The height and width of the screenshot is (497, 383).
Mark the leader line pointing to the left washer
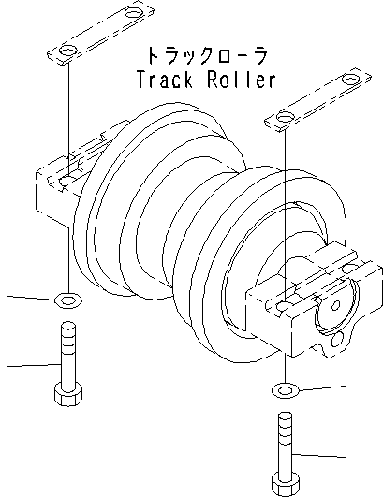point(28,299)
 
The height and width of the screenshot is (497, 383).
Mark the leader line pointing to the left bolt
point(28,363)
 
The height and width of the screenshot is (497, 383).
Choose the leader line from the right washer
point(328,386)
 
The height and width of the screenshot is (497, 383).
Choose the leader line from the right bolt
point(328,455)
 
